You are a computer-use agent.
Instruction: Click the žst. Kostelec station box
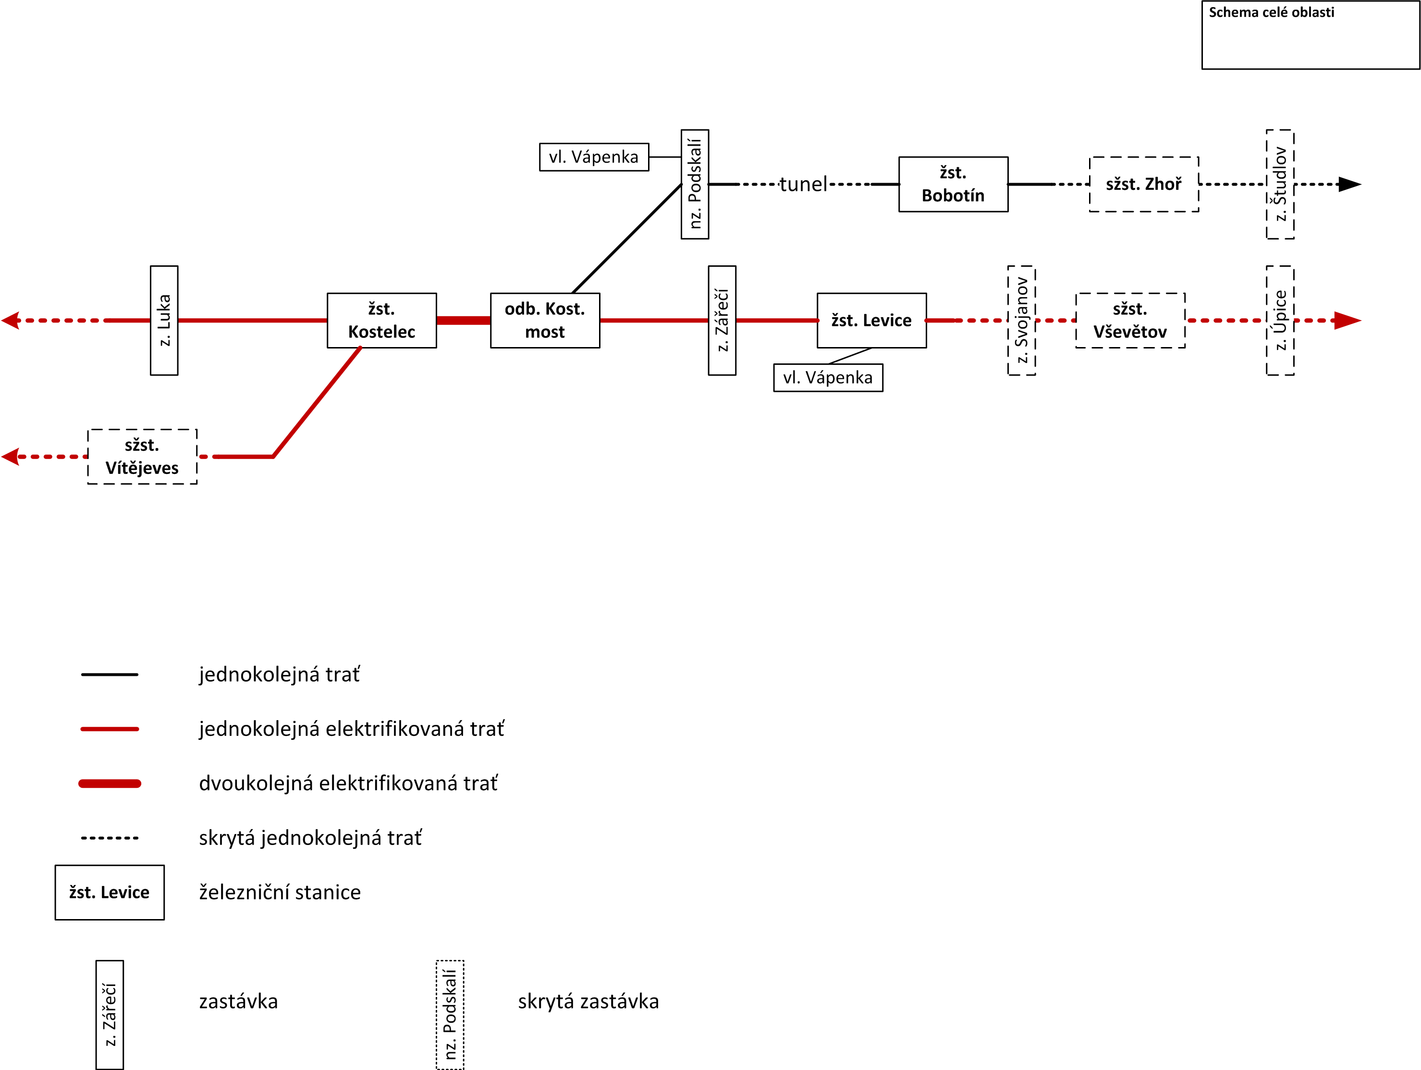pos(381,321)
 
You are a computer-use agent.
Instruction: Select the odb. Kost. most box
pos(545,321)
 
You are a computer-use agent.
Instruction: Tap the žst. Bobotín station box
pos(953,185)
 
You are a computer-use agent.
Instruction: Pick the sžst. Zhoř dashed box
pos(1143,185)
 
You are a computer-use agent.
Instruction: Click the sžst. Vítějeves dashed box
pos(142,457)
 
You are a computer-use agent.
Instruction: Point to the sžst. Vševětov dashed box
pos(1130,321)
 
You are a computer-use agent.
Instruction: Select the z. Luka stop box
pos(164,321)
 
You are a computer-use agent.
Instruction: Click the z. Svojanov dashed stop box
pos(1021,321)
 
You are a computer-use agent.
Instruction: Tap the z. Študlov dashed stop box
pos(1280,185)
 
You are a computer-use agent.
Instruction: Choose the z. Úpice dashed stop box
pos(1280,321)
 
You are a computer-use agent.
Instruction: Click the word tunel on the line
pos(803,185)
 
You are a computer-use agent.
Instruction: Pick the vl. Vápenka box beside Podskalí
pos(594,157)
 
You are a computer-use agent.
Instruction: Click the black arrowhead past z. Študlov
pos(1348,185)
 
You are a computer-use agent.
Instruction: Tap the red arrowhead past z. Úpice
pos(1347,321)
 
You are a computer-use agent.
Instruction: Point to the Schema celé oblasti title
pos(1271,12)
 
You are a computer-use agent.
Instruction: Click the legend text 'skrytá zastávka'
pos(588,1001)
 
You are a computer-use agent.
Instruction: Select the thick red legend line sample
pos(109,784)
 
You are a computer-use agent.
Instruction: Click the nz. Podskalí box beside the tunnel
pos(695,185)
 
